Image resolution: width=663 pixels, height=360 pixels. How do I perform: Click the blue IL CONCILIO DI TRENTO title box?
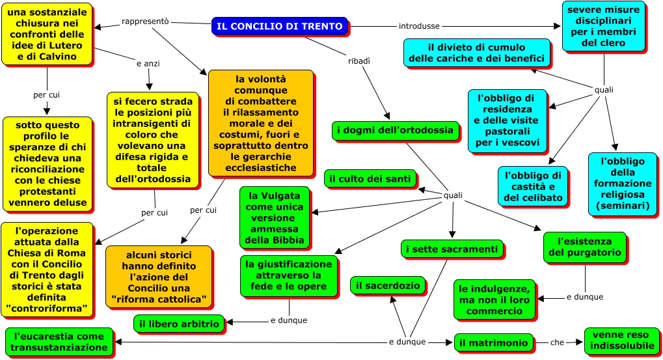click(279, 26)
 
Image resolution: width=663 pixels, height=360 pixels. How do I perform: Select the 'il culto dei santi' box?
click(370, 178)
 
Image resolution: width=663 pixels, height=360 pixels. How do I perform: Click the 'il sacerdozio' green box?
click(388, 284)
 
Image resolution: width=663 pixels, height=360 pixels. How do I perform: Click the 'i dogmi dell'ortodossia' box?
click(392, 130)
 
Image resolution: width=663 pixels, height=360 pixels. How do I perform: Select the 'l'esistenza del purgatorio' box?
click(584, 247)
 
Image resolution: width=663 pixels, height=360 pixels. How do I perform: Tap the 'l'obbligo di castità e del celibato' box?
click(533, 186)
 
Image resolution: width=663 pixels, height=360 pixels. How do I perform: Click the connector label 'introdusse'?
click(419, 26)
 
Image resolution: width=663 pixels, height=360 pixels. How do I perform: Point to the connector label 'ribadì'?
click(359, 61)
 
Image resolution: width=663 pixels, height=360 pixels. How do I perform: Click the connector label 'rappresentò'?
click(145, 21)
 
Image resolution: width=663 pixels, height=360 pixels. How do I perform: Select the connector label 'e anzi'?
click(148, 64)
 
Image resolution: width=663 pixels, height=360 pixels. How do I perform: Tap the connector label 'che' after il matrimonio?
click(558, 342)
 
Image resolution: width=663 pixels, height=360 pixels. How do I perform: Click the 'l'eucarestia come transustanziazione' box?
click(59, 342)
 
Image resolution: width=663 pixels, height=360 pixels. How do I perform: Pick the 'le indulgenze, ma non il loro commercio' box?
click(494, 299)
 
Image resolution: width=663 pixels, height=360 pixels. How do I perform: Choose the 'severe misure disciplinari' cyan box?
click(603, 27)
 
